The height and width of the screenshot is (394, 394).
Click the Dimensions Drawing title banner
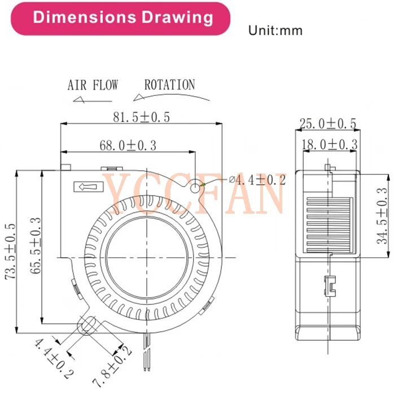[x=122, y=18]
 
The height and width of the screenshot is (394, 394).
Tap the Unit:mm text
[x=275, y=31]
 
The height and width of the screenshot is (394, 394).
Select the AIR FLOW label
[x=93, y=85]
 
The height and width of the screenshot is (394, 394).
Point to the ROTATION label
[x=169, y=85]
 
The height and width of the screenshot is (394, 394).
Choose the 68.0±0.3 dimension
[x=128, y=145]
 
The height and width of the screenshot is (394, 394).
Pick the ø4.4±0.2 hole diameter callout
[x=257, y=180]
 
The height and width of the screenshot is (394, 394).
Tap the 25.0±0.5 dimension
[x=327, y=123]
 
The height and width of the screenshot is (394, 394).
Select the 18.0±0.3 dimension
[x=328, y=145]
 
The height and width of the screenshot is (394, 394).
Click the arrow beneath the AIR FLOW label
[x=88, y=101]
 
